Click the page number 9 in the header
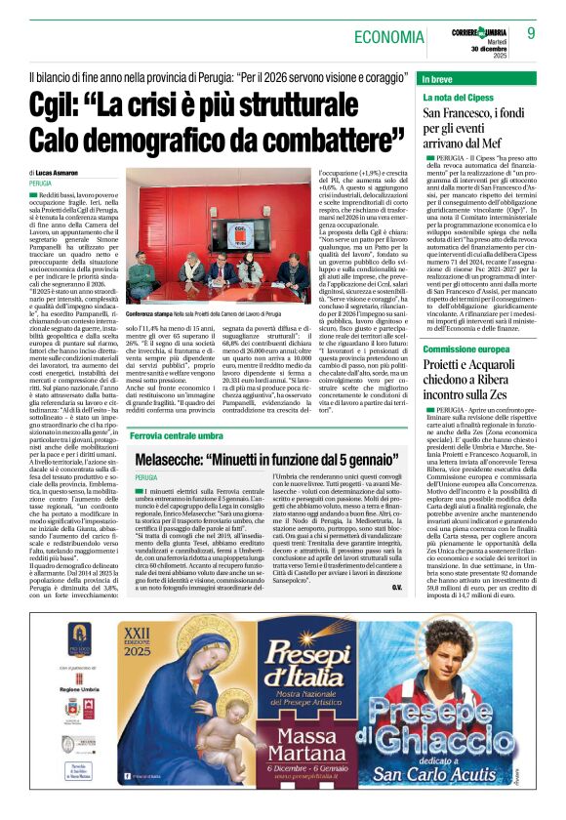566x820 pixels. pyautogui.click(x=531, y=33)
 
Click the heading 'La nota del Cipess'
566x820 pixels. pyautogui.click(x=456, y=98)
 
